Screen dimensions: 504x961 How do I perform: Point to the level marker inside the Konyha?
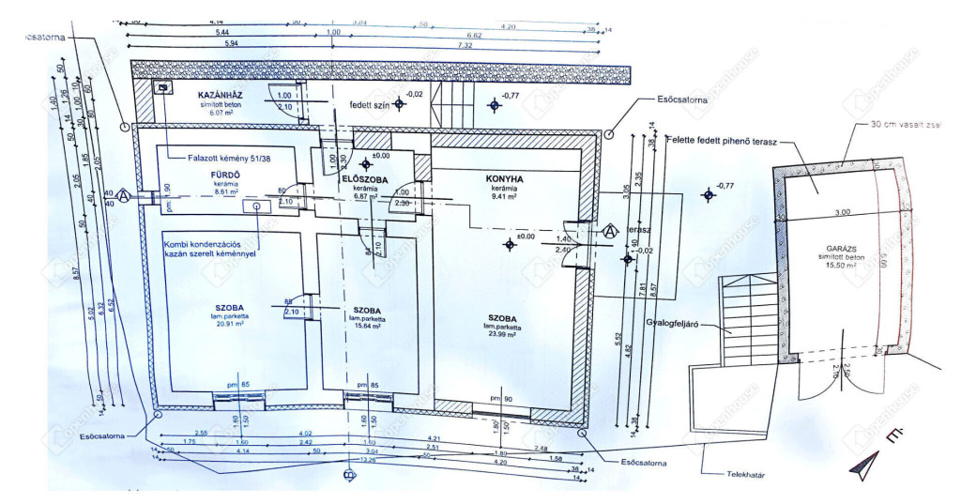[x=510, y=245]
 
